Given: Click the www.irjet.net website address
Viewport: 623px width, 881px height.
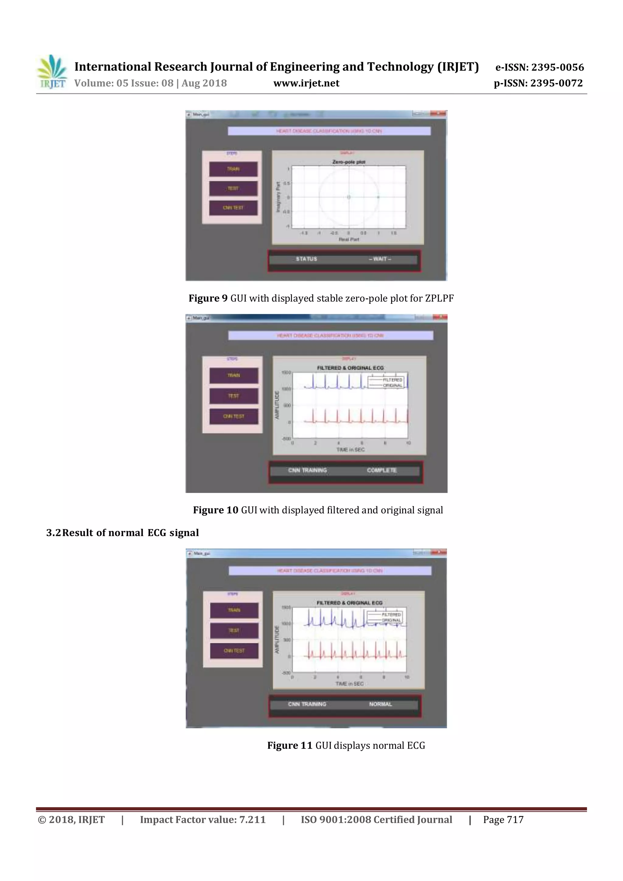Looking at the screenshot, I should [306, 83].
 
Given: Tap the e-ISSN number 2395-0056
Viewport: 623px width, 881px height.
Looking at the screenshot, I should [557, 68].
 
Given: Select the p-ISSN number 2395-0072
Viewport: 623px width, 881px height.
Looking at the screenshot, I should [556, 83].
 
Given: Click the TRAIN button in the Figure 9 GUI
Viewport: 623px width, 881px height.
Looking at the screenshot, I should [233, 169].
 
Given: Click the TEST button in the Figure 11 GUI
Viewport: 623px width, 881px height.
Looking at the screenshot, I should [234, 630].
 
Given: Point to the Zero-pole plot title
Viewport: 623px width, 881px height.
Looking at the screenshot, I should [349, 162].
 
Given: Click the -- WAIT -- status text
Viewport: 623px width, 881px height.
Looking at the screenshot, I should [380, 259].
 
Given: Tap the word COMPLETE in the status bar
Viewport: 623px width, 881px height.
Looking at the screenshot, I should [381, 470].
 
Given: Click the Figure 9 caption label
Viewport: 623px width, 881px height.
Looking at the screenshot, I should [208, 299].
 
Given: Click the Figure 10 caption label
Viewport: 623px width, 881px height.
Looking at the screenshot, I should [215, 510].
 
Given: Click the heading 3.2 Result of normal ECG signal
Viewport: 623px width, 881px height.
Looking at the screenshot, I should [123, 533].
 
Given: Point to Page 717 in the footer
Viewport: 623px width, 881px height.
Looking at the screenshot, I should [503, 820].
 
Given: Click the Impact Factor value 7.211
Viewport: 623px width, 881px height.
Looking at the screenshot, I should [252, 820].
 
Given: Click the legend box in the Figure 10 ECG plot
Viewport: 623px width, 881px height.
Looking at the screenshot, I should [385, 382].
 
